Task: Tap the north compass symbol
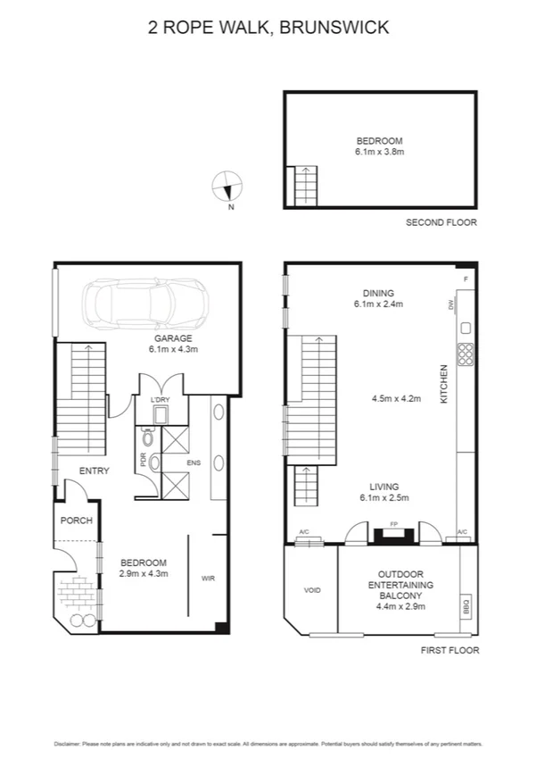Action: [x=227, y=188]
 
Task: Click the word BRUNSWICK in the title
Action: [x=334, y=28]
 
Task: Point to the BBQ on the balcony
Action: [x=466, y=606]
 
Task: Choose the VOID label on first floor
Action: [x=312, y=590]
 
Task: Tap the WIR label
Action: [x=209, y=579]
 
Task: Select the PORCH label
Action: [x=76, y=521]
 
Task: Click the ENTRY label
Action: [x=94, y=471]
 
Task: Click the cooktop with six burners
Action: [x=465, y=355]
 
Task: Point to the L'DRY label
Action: [x=160, y=398]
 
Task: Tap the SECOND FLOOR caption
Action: [x=441, y=222]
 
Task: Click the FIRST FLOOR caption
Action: [x=449, y=650]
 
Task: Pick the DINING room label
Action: [x=378, y=293]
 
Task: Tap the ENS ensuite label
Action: [x=194, y=463]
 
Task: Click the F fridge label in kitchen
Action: [x=465, y=279]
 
